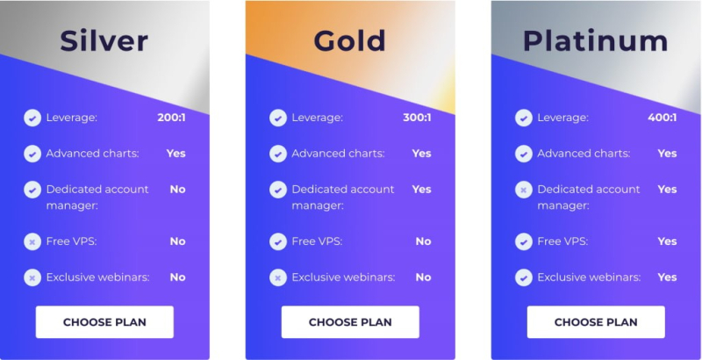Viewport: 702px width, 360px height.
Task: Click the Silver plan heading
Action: (x=104, y=40)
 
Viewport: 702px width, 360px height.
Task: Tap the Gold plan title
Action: (x=349, y=40)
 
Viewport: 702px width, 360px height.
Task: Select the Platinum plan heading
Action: (x=595, y=40)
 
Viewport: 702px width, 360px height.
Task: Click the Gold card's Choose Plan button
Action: (x=350, y=322)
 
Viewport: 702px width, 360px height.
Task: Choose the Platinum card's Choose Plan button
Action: (x=596, y=322)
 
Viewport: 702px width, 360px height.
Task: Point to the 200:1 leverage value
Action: (x=171, y=118)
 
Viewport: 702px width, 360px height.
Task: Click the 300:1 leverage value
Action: (x=417, y=118)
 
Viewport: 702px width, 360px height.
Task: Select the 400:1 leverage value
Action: (x=663, y=118)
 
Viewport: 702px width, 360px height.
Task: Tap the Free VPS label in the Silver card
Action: (x=71, y=241)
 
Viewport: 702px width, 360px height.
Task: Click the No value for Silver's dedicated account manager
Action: (x=177, y=189)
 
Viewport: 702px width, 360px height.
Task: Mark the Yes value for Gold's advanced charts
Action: (x=421, y=154)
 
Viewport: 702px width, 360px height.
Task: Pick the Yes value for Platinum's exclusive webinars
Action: (x=667, y=277)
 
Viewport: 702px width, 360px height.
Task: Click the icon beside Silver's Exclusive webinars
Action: (x=32, y=277)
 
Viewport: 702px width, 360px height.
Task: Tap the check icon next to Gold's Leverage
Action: (x=278, y=118)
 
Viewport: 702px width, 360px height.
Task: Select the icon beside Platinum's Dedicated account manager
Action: (x=524, y=190)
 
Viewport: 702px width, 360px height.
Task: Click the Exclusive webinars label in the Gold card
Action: (x=343, y=277)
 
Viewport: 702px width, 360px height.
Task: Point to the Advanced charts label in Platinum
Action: (x=584, y=154)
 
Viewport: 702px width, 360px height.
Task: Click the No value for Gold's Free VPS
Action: (x=423, y=241)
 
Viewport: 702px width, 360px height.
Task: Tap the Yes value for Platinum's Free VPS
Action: (x=667, y=241)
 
